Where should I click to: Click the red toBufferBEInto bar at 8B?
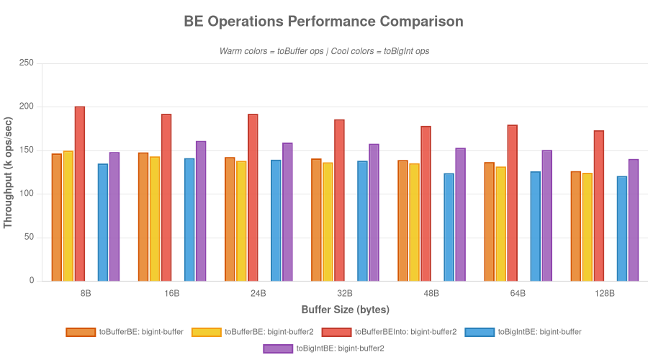(80, 194)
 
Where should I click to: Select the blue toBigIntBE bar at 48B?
(449, 227)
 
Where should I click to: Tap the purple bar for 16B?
(201, 211)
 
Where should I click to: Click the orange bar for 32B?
(316, 220)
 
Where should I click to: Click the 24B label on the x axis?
(258, 294)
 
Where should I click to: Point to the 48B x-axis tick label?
(431, 294)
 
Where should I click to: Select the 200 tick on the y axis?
(27, 107)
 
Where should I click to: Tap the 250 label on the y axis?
(27, 63)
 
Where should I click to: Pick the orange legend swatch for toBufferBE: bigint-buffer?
(81, 332)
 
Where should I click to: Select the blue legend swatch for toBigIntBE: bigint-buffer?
(480, 332)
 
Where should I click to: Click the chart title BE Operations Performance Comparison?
(324, 22)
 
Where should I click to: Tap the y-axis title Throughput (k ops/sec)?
(9, 172)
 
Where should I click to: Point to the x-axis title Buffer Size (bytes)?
(345, 310)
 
